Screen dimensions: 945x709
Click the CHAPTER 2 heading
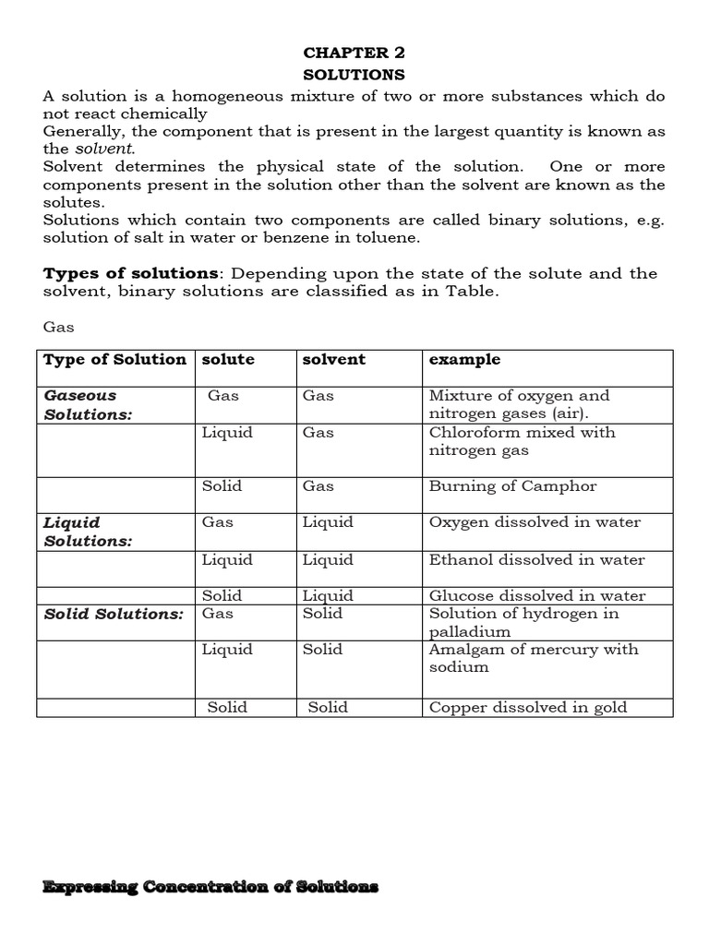pyautogui.click(x=354, y=53)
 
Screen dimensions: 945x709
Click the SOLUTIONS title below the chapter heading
pyautogui.click(x=354, y=74)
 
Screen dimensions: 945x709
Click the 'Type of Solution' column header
pyautogui.click(x=114, y=360)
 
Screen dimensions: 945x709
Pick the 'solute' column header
pyautogui.click(x=228, y=360)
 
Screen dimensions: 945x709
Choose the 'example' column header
pyautogui.click(x=464, y=360)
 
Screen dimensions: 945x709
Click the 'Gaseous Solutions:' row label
pyautogui.click(x=89, y=405)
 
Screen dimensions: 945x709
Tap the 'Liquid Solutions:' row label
pyautogui.click(x=89, y=532)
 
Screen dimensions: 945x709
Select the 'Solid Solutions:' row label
pyautogui.click(x=114, y=614)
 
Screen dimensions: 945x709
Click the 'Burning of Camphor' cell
pyautogui.click(x=512, y=486)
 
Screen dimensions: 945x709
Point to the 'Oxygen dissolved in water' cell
pyautogui.click(x=535, y=522)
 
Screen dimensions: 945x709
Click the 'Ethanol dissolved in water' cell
pyautogui.click(x=536, y=560)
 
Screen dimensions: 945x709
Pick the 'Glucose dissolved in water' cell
pyautogui.click(x=536, y=596)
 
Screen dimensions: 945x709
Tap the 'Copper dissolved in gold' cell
pyautogui.click(x=527, y=708)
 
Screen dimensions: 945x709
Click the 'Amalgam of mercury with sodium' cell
pyautogui.click(x=533, y=658)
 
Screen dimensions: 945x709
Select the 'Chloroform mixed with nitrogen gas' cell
pyautogui.click(x=522, y=441)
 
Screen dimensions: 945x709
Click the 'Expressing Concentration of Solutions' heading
pyautogui.click(x=210, y=887)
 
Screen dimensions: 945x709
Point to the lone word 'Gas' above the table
pyautogui.click(x=58, y=328)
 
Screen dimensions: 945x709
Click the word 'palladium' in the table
pyautogui.click(x=470, y=632)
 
